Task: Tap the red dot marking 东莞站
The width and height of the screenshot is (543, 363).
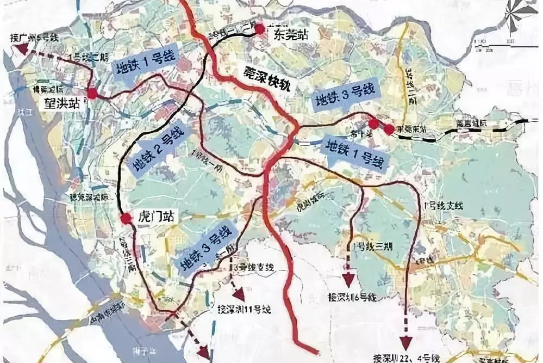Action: [x=260, y=27]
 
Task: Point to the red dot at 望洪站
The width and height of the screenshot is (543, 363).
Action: [x=92, y=94]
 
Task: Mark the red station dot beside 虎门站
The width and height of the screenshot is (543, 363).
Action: [x=126, y=219]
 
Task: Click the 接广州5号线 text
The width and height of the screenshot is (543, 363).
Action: [x=32, y=38]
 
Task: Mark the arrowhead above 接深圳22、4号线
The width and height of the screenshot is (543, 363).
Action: [x=405, y=343]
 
